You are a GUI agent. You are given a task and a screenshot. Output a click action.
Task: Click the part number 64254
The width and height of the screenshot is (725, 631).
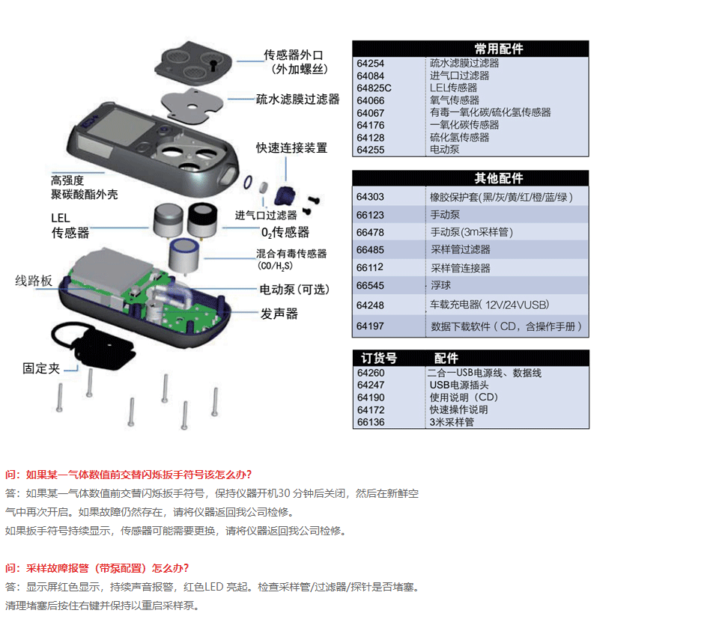click(x=370, y=64)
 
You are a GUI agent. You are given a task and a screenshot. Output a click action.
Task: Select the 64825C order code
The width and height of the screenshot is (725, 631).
click(x=374, y=88)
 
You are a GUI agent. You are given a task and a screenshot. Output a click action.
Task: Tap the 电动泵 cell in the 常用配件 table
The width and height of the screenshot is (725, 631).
click(x=444, y=150)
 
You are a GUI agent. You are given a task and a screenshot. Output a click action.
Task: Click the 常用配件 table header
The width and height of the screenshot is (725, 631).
click(x=499, y=49)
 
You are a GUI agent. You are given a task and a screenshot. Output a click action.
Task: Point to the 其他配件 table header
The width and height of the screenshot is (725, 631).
click(x=499, y=178)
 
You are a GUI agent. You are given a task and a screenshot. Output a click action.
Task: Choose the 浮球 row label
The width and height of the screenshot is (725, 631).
click(x=440, y=285)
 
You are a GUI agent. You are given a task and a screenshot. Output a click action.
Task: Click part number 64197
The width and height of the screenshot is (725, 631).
click(x=370, y=326)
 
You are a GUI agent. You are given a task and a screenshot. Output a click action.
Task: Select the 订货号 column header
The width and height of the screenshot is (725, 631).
click(x=379, y=358)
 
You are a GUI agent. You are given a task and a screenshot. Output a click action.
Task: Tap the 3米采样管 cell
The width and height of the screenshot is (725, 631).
click(x=452, y=421)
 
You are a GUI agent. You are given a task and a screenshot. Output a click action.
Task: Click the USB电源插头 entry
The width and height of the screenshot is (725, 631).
click(x=459, y=385)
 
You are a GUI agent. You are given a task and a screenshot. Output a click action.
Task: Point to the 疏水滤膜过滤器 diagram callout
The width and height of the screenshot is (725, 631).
click(x=298, y=100)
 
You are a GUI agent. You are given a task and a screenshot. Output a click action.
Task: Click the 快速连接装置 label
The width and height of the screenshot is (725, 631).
click(x=292, y=147)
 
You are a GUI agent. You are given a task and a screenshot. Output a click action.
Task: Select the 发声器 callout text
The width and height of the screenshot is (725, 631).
click(x=279, y=314)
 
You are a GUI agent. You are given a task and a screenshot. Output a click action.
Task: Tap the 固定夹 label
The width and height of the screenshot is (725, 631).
click(x=41, y=368)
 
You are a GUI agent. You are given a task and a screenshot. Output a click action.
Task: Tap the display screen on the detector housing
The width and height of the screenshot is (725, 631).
click(x=121, y=126)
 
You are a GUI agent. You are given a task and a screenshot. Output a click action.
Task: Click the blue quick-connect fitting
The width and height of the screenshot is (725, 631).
click(x=285, y=196)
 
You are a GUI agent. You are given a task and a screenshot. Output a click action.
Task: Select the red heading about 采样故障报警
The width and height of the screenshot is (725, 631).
click(x=97, y=568)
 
